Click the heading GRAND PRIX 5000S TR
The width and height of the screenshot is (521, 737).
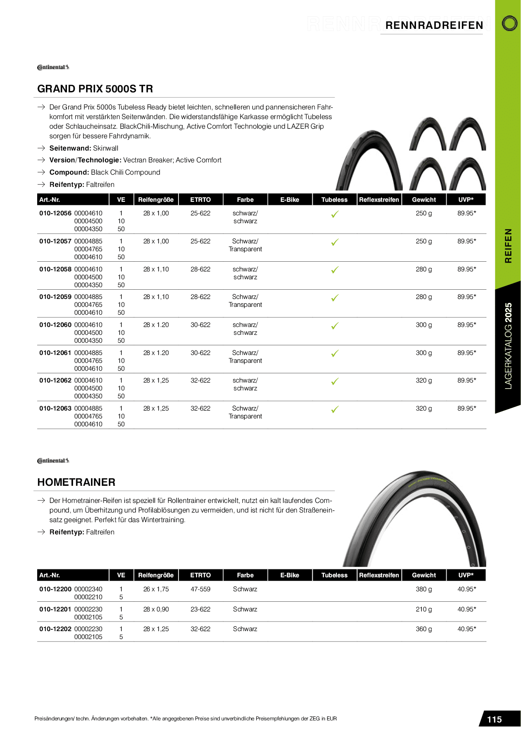(x=95, y=89)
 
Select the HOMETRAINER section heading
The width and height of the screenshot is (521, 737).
(x=76, y=482)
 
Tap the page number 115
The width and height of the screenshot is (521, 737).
(x=494, y=719)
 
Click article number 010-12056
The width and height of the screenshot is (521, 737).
(x=55, y=213)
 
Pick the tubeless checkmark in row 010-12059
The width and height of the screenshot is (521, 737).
(x=335, y=298)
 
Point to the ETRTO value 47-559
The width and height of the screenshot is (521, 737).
(x=200, y=589)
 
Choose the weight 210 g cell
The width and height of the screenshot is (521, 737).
(x=423, y=609)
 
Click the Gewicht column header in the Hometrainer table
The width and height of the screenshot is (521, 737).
(x=423, y=575)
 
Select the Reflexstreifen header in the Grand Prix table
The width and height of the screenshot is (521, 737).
(x=379, y=200)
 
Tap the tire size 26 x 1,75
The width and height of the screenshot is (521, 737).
(x=156, y=589)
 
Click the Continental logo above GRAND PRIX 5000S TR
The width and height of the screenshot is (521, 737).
(x=53, y=67)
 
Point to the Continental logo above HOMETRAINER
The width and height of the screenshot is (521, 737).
(x=53, y=461)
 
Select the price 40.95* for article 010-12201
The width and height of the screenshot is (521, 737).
(x=466, y=609)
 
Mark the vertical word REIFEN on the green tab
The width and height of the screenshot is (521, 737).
(x=508, y=246)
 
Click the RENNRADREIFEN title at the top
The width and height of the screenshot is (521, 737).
(x=434, y=25)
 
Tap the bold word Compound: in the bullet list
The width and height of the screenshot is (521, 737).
(x=69, y=172)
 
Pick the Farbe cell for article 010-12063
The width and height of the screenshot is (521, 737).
(x=245, y=412)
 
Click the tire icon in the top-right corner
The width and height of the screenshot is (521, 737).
(x=509, y=23)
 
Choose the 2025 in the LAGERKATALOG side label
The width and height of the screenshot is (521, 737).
(x=508, y=312)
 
